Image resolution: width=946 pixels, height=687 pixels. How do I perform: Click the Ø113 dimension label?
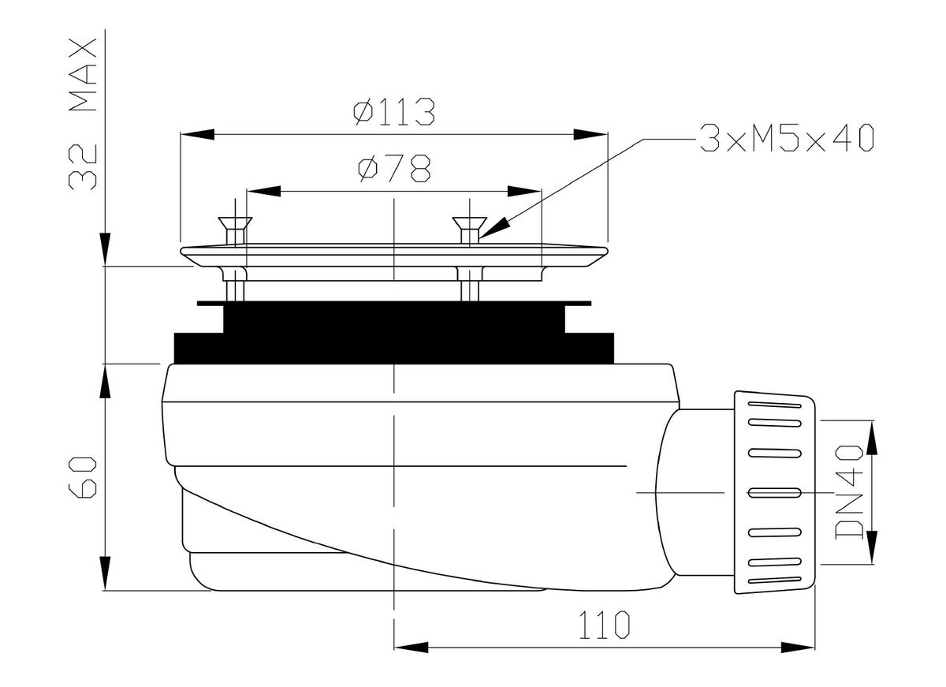click(393, 112)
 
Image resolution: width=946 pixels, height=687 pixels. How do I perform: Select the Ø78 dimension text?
click(394, 168)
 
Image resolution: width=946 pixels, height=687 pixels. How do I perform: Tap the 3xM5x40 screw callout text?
click(787, 138)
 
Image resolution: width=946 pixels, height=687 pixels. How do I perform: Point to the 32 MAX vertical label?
click(83, 114)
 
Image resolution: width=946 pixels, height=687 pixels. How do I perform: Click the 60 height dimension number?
click(83, 477)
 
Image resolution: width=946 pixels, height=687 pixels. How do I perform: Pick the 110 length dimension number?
click(604, 625)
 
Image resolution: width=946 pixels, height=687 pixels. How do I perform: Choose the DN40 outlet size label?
click(849, 492)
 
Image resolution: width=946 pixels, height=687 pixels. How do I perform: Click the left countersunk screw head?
click(235, 223)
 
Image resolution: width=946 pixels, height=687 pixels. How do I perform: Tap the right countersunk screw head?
click(469, 223)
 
